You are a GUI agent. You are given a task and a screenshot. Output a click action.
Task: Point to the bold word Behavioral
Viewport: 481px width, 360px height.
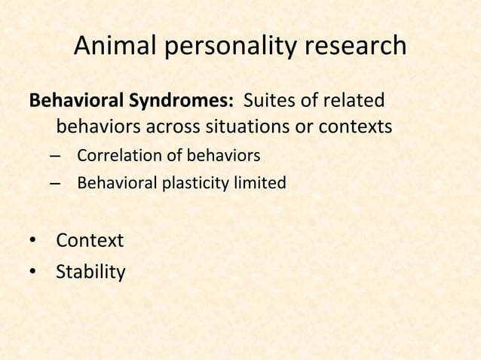tap(73, 100)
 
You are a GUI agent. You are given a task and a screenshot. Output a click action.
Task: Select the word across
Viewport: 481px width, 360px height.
tap(179, 127)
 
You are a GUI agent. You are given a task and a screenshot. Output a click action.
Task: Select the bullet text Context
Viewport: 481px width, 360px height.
tap(90, 241)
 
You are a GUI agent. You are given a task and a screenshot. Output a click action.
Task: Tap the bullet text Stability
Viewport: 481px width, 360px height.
tap(90, 270)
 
